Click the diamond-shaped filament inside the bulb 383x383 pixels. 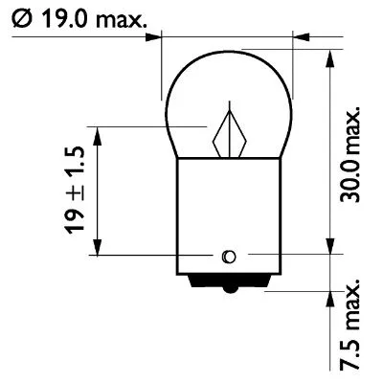coord(231,133)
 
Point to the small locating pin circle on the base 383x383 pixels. coord(228,256)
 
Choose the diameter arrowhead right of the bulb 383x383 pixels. coord(299,39)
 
